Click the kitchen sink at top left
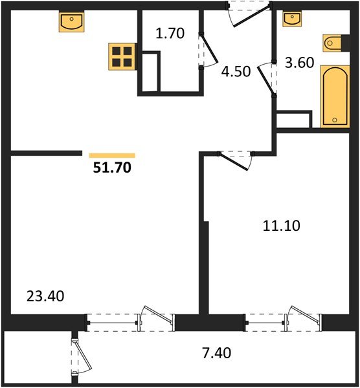pos(73,23)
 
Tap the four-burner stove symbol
pos(122,57)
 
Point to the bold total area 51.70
pos(112,169)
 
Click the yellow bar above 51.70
pos(112,155)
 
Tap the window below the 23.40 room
pos(130,320)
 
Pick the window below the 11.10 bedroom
pos(282,320)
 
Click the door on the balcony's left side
pos(79,355)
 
